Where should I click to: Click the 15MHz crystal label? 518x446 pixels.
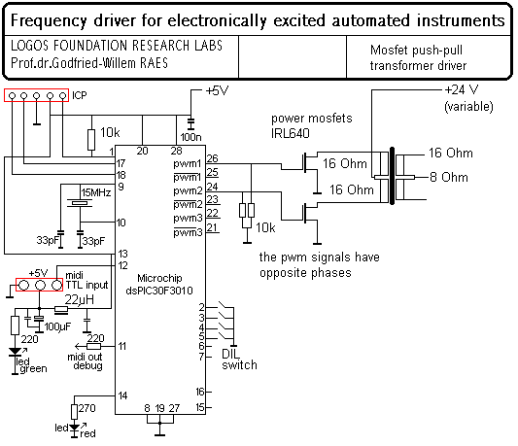(x=96, y=192)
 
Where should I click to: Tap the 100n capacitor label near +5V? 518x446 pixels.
(x=190, y=137)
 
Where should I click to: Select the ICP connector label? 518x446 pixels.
(x=80, y=95)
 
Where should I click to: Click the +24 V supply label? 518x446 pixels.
(x=462, y=89)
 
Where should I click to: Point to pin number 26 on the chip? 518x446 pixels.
(x=213, y=158)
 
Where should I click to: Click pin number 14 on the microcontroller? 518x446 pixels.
(x=122, y=395)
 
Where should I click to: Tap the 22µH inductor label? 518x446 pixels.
(x=80, y=299)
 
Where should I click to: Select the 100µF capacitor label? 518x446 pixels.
(x=57, y=326)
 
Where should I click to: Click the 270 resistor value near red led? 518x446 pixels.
(x=87, y=408)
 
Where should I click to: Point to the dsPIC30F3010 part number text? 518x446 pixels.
(x=159, y=291)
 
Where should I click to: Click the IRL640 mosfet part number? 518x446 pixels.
(x=291, y=133)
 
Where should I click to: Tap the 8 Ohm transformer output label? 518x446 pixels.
(x=449, y=178)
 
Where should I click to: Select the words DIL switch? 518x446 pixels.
(x=239, y=360)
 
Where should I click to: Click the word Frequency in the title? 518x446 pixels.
(x=49, y=20)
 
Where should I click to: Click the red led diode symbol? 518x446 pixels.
(x=75, y=428)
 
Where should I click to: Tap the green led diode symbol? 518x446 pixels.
(x=15, y=352)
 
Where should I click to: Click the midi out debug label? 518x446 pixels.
(x=85, y=361)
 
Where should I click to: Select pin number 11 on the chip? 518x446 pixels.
(x=122, y=346)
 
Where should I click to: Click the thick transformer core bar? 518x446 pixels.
(x=392, y=176)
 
